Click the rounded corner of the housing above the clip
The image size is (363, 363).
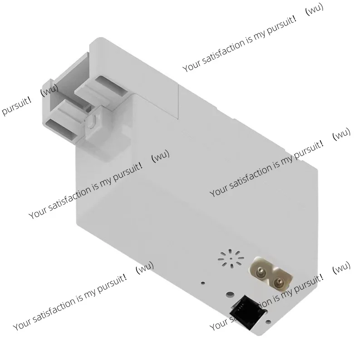[x=94, y=41]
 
